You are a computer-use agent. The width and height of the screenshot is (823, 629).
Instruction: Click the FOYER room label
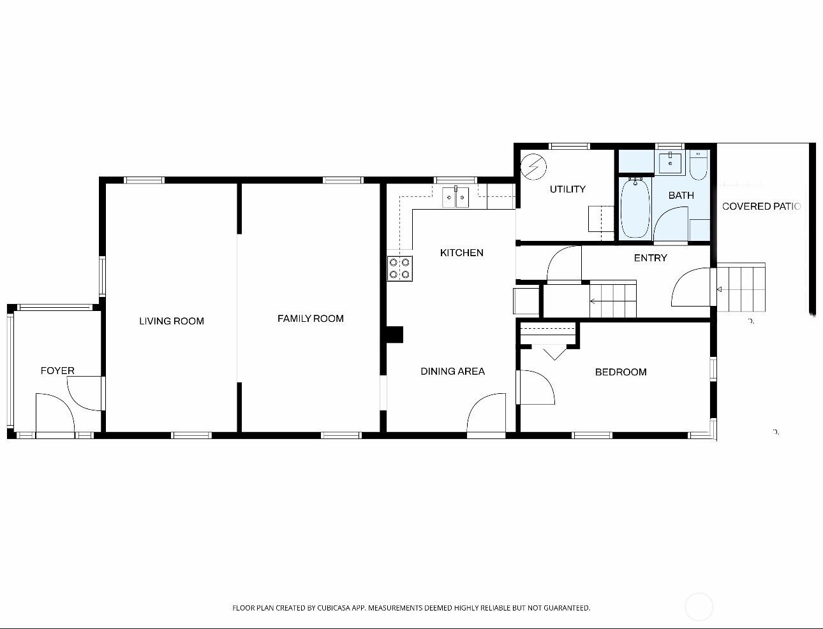(x=57, y=370)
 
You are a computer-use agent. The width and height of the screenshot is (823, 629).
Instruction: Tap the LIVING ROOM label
(x=172, y=321)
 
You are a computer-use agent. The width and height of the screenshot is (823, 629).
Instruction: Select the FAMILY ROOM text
(x=310, y=318)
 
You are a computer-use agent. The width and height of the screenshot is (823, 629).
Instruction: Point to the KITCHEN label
(x=461, y=252)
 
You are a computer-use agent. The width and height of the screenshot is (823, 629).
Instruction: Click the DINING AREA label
(x=452, y=371)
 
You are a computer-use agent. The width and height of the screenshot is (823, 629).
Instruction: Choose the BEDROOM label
(x=620, y=372)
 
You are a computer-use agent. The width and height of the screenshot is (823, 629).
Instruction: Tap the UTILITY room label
(x=567, y=189)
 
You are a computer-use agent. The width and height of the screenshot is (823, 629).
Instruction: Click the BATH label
(x=681, y=195)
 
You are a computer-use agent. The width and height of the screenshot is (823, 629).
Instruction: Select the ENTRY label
(x=650, y=257)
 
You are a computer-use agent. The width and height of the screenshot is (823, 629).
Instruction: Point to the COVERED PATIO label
(x=761, y=206)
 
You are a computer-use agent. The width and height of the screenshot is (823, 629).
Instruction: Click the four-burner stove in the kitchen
(x=399, y=268)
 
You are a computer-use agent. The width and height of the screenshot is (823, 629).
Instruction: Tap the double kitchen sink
(x=456, y=198)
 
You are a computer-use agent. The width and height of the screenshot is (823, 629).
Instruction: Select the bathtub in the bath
(x=635, y=208)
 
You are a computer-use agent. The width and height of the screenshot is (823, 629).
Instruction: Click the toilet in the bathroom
(x=699, y=164)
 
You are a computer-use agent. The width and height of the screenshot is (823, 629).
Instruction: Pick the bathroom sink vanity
(x=670, y=163)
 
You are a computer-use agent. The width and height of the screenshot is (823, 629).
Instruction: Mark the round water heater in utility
(x=533, y=167)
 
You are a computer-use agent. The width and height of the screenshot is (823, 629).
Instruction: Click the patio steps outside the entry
(x=741, y=287)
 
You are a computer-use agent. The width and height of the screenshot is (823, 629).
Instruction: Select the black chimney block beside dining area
(x=395, y=335)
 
